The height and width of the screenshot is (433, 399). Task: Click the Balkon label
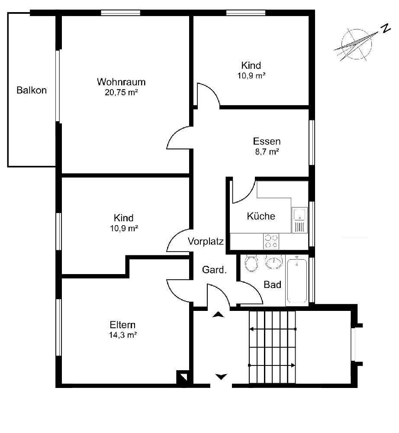pos(32,90)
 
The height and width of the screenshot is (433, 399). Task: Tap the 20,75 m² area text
pos(121,92)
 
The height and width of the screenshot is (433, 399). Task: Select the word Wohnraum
pos(121,82)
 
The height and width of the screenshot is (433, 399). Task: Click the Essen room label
pos(267,141)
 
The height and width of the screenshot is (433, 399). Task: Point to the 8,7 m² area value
pos(267,152)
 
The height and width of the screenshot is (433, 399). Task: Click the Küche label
pos(261,216)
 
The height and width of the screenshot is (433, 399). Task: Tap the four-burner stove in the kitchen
pos(271,241)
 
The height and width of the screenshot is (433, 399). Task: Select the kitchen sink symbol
pos(299,220)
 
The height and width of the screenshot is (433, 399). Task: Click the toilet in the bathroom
pos(251,263)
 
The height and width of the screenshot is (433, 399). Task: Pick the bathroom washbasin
pos(274,262)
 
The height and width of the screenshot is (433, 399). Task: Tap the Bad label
pos(272,284)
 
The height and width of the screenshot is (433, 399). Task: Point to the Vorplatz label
pos(206,241)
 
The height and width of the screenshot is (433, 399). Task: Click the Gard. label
pos(214,269)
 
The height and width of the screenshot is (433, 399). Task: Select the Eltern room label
pos(122,324)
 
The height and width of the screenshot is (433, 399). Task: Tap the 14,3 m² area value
pos(123,335)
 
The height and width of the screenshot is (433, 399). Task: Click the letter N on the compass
pos(386,28)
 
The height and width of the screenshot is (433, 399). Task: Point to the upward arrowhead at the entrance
pos(218,314)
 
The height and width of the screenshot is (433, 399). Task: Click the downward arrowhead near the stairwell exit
pos(221,377)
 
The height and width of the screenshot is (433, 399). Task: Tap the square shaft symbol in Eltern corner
pos(182,377)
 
